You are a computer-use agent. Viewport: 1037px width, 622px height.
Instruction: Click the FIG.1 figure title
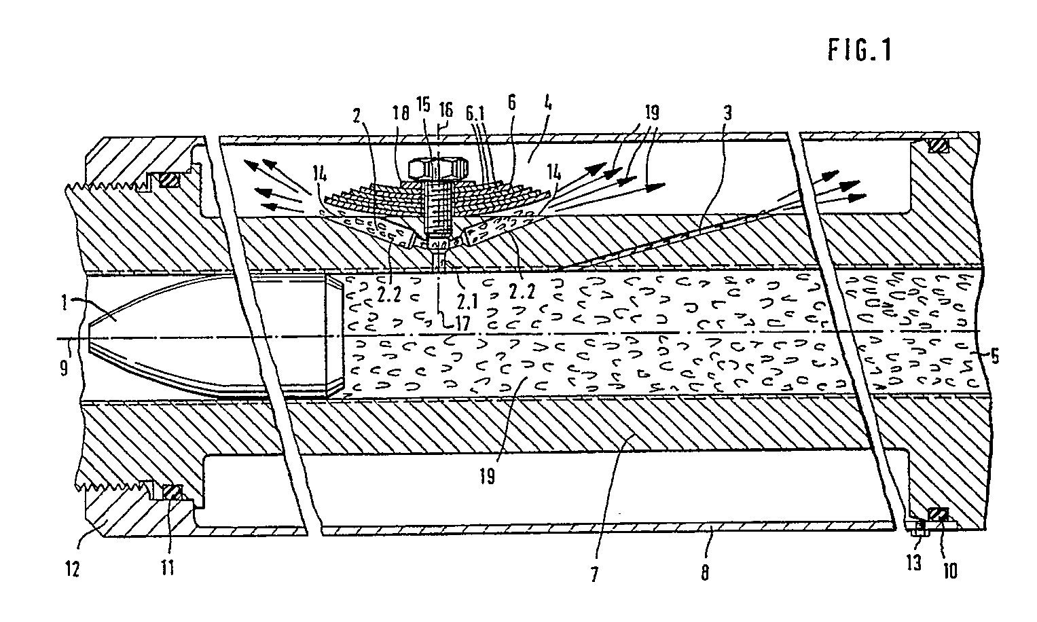(x=859, y=51)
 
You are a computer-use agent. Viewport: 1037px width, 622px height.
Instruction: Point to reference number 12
(x=73, y=567)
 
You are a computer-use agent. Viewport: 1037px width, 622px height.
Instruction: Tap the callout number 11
(x=167, y=566)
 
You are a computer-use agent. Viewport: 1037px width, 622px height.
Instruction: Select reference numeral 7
(x=594, y=574)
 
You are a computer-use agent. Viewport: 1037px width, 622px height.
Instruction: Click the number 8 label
(x=705, y=574)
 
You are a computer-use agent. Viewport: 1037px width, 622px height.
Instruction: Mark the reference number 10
(x=949, y=570)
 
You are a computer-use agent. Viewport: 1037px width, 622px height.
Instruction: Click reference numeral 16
(x=445, y=107)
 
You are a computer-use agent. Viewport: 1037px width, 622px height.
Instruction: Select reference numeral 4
(x=549, y=107)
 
